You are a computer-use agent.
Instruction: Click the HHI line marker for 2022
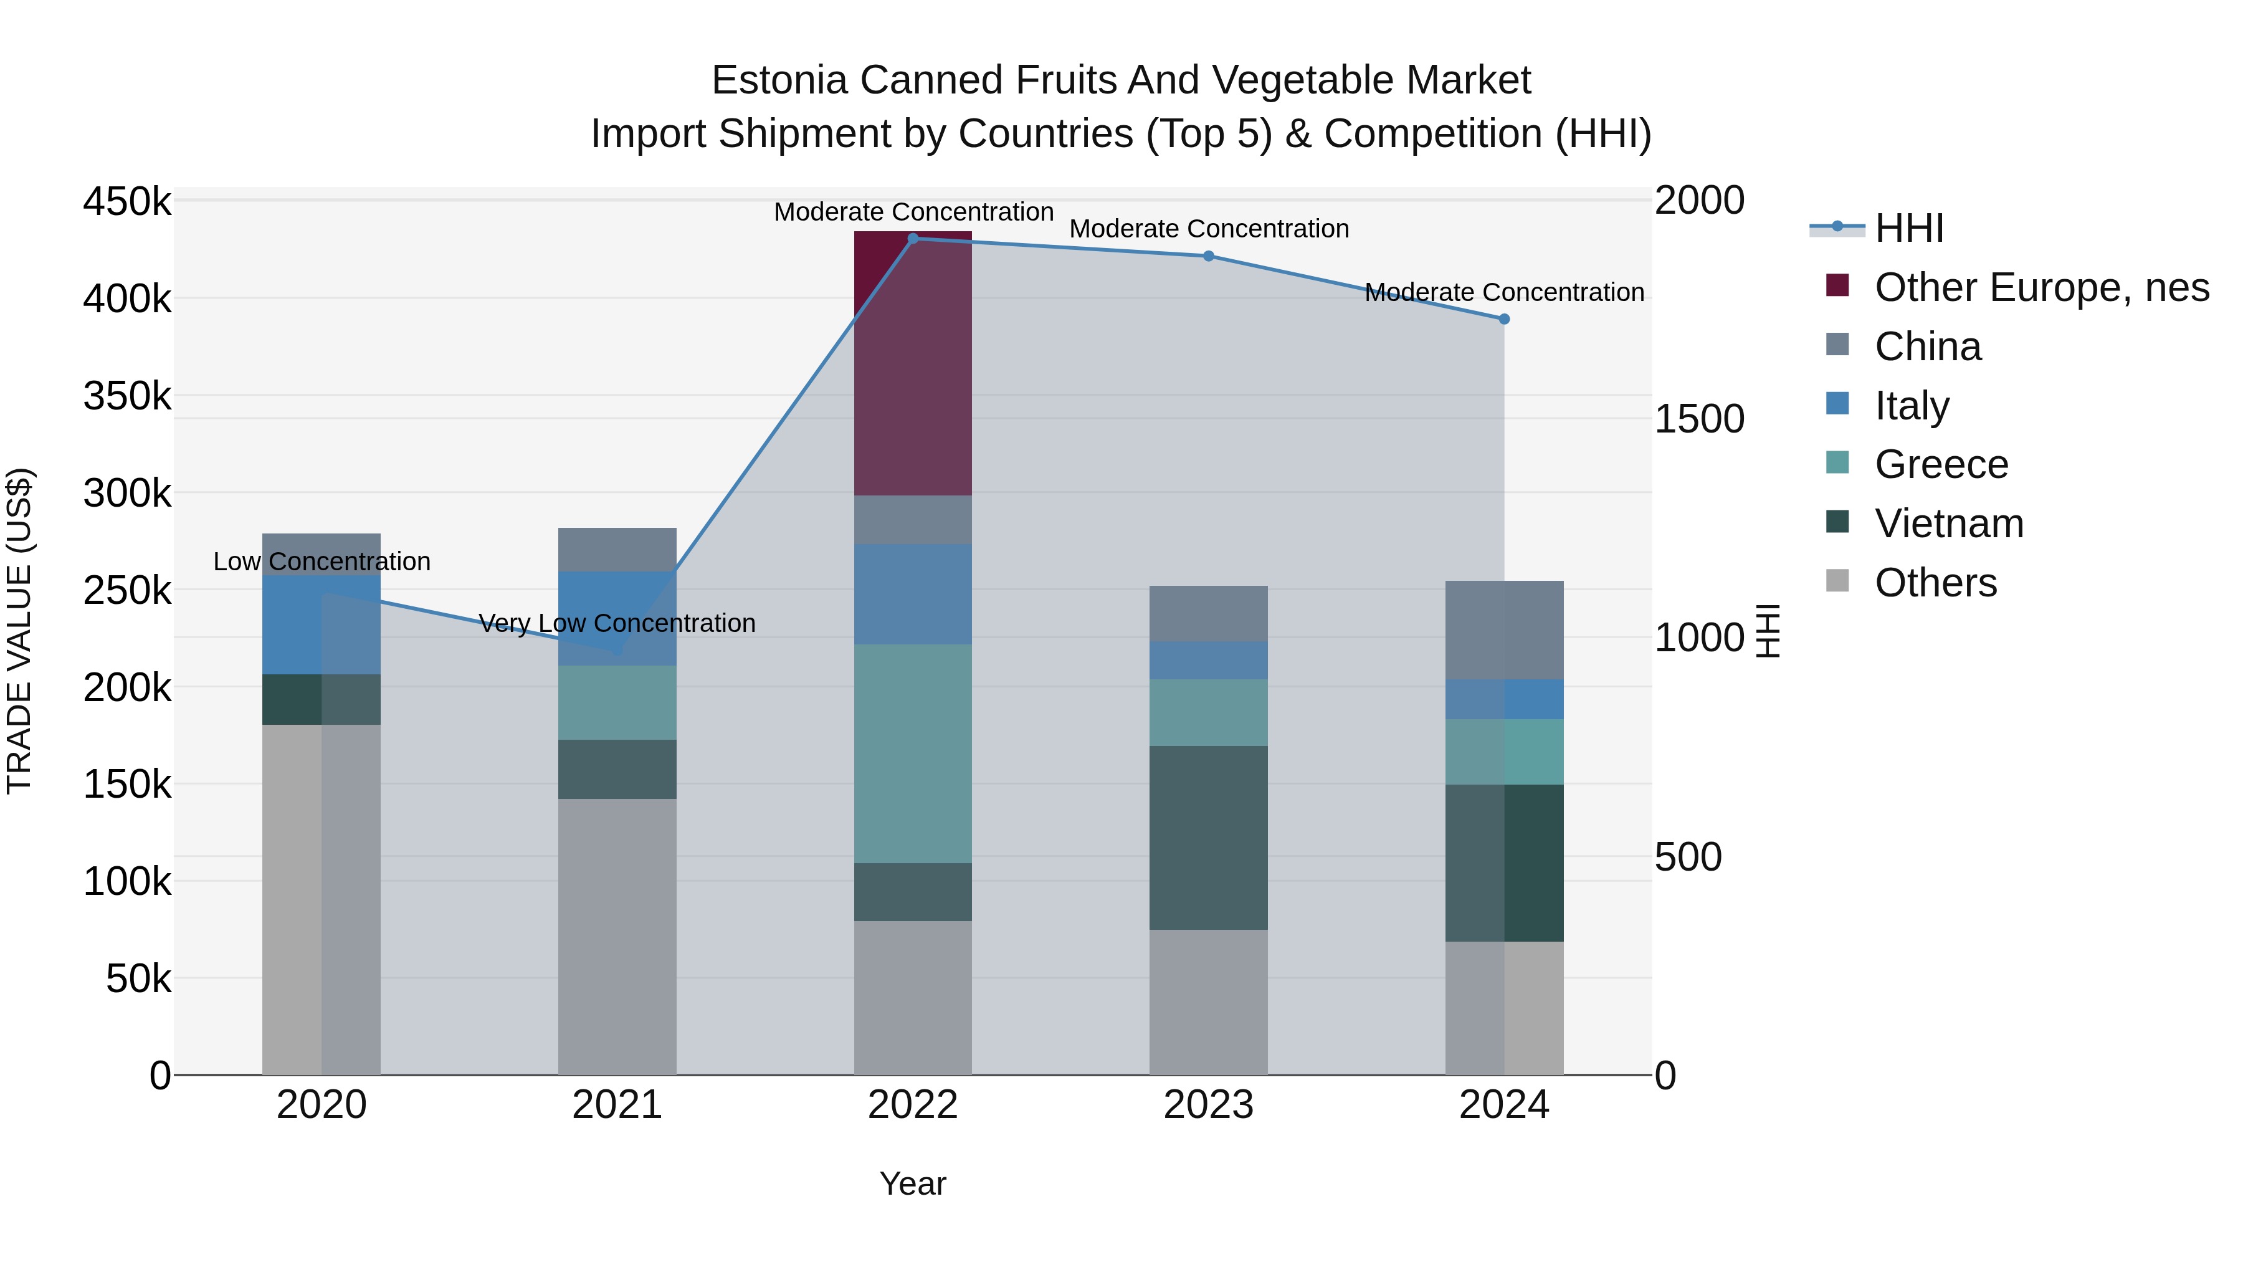913,238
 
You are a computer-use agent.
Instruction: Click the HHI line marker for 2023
1209,256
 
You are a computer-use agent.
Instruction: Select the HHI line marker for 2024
1504,318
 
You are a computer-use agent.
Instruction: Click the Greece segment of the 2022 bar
913,753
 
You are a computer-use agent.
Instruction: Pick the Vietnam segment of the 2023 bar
1209,837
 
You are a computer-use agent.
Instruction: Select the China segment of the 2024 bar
1504,629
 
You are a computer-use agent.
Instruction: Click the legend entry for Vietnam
1949,523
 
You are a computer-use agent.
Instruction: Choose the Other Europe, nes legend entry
2041,287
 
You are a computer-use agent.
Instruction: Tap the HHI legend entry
1908,228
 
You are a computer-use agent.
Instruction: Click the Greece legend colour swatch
1837,462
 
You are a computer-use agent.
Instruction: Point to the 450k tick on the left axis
127,202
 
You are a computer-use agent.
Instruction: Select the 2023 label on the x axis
1209,1105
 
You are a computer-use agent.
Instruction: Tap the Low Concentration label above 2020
321,561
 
